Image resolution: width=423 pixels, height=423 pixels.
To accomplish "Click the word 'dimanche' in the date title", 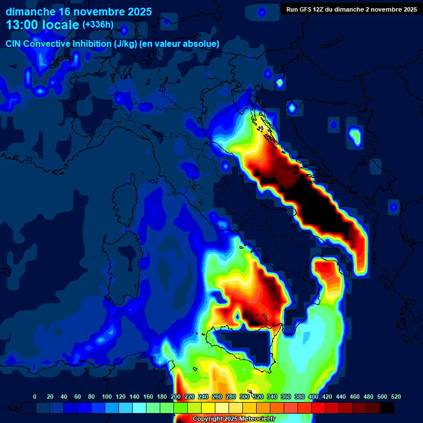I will coord(29,12).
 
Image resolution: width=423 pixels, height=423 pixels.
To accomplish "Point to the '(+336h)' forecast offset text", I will coord(98,25).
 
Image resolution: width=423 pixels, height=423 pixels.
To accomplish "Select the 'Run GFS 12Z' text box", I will coord(349,9).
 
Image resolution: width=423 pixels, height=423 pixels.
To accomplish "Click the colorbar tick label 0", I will coord(35,397).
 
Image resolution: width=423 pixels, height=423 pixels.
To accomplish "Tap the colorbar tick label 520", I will coord(395,397).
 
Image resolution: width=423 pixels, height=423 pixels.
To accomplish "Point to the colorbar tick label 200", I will coord(176,397).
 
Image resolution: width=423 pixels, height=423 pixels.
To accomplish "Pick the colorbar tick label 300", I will coord(245,397).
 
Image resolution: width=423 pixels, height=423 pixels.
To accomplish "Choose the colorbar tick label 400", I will coord(313,397).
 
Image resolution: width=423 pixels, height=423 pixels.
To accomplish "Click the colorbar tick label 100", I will coord(107,397).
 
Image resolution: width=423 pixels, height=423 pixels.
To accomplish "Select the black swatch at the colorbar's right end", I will coord(387,408).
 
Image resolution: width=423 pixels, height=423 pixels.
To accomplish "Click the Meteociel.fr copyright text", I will coord(234,419).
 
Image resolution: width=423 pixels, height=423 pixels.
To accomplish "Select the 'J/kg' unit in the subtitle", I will coord(144,44).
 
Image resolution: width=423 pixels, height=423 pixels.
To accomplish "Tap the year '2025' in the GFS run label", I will coord(407,9).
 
